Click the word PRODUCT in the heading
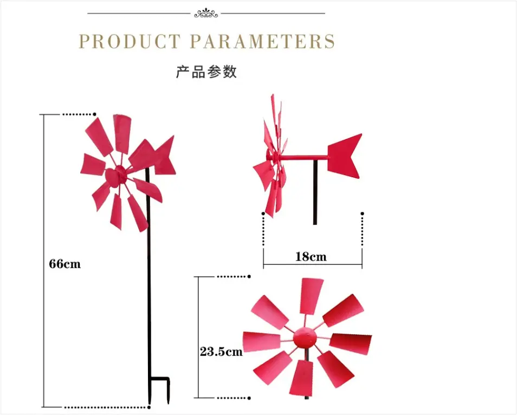130,41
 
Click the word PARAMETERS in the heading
263,41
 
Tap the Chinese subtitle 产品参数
206,72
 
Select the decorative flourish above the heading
206,14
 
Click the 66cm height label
64,264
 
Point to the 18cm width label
311,256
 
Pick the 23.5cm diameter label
221,352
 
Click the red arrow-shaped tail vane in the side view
345,156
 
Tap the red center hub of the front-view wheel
305,338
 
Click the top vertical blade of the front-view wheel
311,296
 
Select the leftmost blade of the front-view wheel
262,341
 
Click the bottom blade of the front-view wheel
301,378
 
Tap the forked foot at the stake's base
159,389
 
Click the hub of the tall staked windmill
115,176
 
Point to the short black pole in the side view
315,192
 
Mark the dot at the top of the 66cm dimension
95,114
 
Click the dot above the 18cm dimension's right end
363,213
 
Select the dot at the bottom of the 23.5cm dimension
249,398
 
